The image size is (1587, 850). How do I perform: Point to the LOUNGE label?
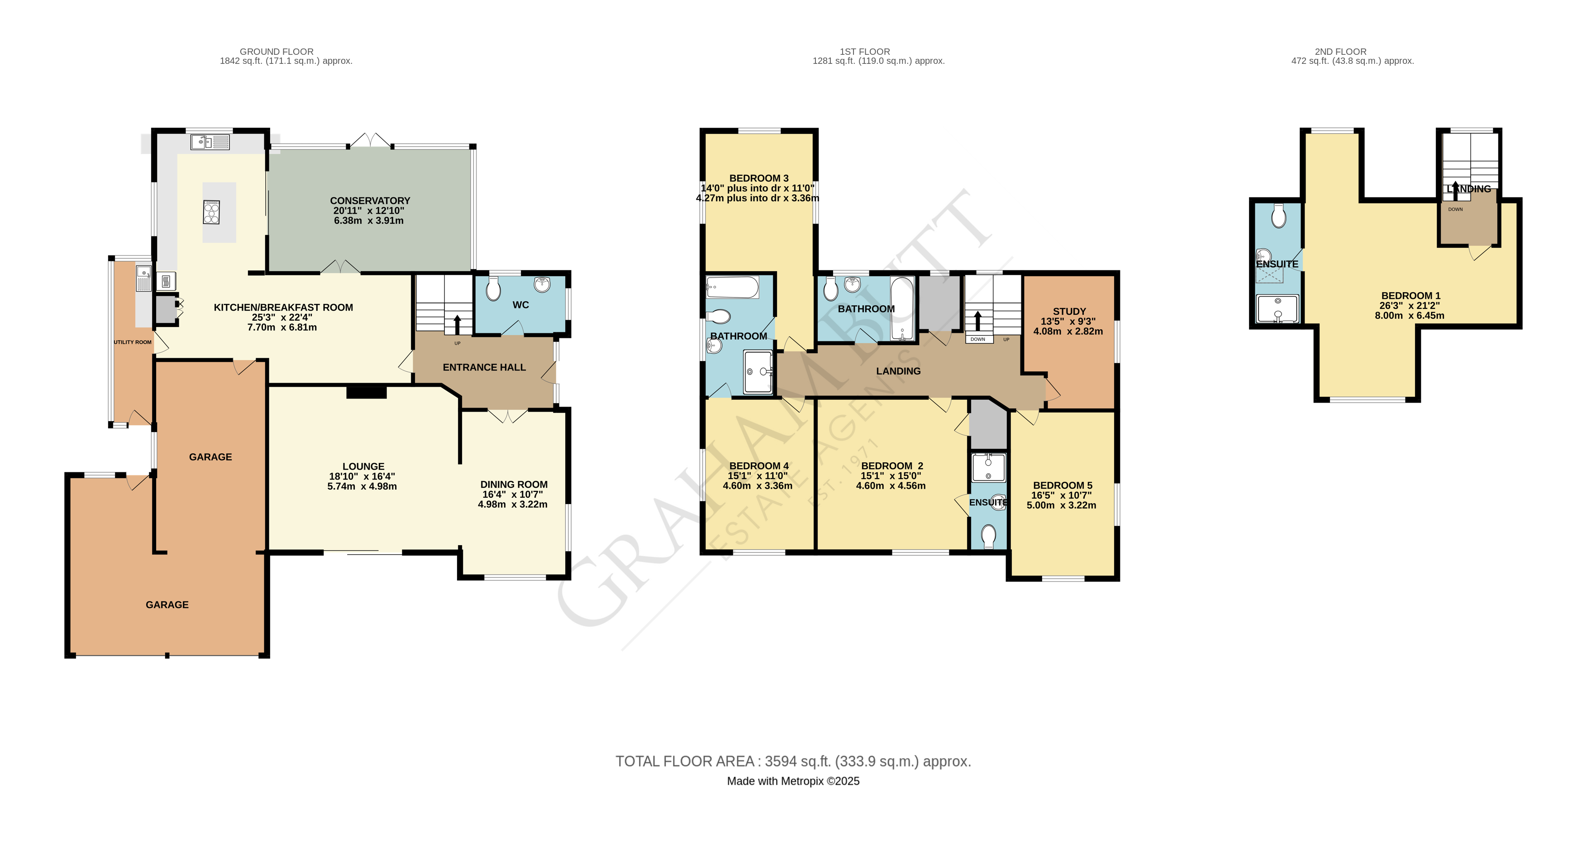[363, 466]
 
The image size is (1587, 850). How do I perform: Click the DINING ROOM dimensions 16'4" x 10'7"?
[513, 495]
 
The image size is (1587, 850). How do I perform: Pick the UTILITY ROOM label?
[133, 342]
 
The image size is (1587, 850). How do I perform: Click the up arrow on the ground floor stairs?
[457, 324]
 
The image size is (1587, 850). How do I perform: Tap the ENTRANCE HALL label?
[484, 367]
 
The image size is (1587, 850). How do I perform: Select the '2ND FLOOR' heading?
[1340, 52]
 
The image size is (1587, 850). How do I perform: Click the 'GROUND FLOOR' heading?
[276, 52]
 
